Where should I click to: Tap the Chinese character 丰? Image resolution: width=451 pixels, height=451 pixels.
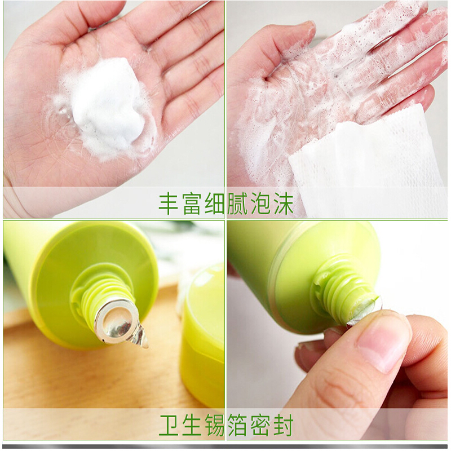click(x=169, y=204)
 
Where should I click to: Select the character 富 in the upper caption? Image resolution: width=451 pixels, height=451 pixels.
click(x=192, y=204)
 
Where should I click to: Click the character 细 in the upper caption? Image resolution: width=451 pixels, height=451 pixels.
click(x=214, y=204)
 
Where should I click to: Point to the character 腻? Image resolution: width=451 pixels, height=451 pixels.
click(x=237, y=204)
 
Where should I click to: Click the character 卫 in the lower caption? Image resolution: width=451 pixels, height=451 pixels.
click(x=169, y=425)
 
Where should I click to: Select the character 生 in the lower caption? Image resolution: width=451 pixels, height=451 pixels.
click(x=192, y=425)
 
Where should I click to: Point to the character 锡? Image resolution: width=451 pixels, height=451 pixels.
click(x=214, y=425)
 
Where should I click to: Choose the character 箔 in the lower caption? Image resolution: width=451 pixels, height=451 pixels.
click(x=237, y=425)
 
